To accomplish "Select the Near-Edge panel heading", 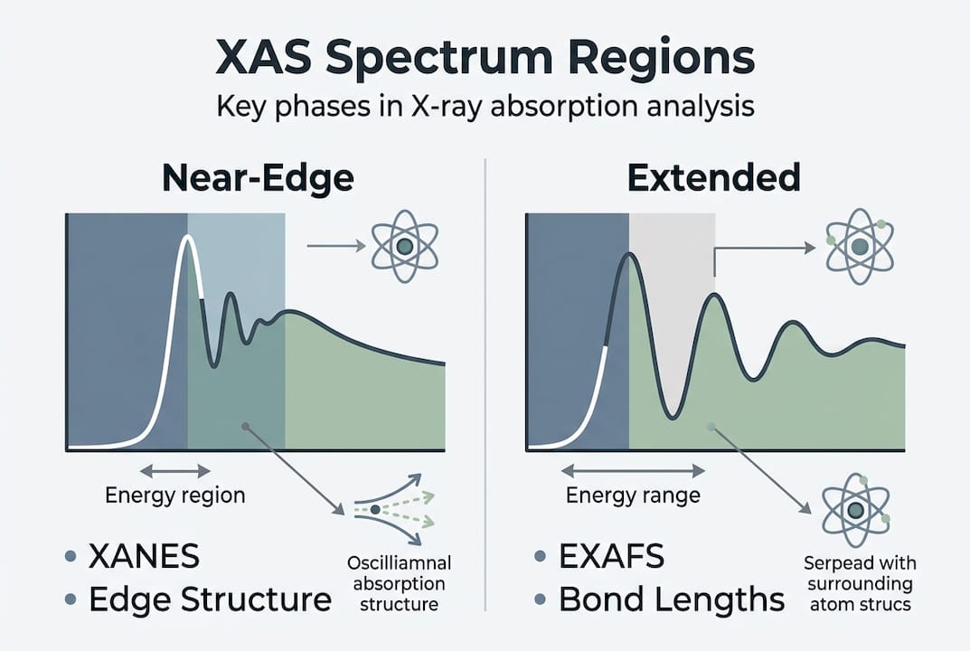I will click(258, 178).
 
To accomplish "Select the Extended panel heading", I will click(714, 178).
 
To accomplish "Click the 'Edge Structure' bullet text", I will click(211, 599).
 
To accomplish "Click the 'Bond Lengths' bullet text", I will click(672, 599).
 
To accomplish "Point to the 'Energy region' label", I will click(175, 495).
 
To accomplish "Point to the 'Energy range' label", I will click(633, 495).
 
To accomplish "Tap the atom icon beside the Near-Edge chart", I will click(404, 245).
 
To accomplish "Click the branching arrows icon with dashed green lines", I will click(391, 510).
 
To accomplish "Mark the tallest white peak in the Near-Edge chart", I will click(188, 239).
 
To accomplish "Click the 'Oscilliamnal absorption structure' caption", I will click(399, 584).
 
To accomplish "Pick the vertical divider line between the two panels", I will click(485, 380).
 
